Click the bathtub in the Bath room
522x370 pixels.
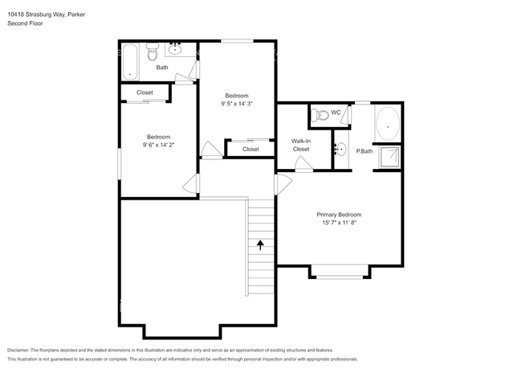click(x=130, y=62)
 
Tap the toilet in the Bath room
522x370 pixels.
click(x=153, y=51)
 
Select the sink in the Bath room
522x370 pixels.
click(x=175, y=50)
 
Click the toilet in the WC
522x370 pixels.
click(x=320, y=115)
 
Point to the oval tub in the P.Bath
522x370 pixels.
click(x=388, y=123)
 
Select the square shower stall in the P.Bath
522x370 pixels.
click(x=390, y=157)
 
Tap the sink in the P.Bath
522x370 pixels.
click(x=341, y=149)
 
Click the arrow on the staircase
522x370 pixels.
click(x=260, y=245)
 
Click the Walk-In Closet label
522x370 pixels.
click(x=301, y=146)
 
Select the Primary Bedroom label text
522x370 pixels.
click(x=339, y=215)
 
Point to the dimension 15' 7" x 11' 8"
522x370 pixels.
click(x=339, y=223)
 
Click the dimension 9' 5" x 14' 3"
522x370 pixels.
click(x=237, y=104)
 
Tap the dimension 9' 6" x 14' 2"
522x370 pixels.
click(x=158, y=145)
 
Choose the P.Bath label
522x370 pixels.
click(x=365, y=151)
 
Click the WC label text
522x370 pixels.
click(x=336, y=113)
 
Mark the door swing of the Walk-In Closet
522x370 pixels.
click(x=304, y=164)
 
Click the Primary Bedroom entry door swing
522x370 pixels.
click(x=283, y=184)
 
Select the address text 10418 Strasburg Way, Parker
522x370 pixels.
click(x=47, y=14)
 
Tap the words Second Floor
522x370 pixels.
click(x=25, y=23)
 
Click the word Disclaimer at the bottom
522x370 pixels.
click(x=18, y=351)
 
